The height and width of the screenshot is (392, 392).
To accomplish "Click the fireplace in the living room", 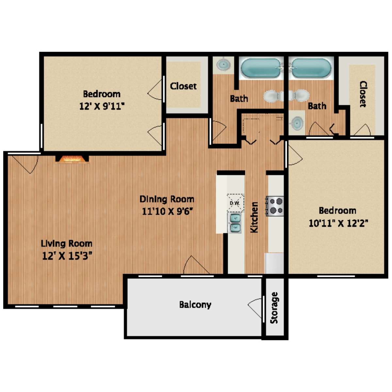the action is click(72, 159).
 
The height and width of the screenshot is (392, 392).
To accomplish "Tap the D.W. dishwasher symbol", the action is click(235, 203).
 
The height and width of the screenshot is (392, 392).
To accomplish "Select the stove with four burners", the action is click(275, 206).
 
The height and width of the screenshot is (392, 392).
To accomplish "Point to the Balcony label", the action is click(195, 305).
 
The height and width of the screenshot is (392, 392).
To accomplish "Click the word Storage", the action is click(274, 308).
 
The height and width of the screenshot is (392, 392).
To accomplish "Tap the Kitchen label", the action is click(254, 217).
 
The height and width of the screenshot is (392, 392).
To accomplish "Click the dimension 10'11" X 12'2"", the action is click(338, 223).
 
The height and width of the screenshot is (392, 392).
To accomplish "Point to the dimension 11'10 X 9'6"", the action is click(167, 211).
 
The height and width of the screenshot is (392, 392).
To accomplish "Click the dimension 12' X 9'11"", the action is click(102, 106).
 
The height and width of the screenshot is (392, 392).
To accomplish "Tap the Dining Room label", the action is click(167, 199).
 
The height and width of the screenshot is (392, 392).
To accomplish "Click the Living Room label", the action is click(67, 243).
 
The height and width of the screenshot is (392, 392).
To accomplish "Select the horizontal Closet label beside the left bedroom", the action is click(183, 86).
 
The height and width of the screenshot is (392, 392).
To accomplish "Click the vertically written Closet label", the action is click(363, 94).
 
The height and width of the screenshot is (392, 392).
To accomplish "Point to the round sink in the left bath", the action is click(223, 64).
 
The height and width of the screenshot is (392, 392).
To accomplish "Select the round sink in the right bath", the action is click(297, 123).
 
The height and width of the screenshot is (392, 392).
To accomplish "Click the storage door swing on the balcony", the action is click(255, 308).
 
